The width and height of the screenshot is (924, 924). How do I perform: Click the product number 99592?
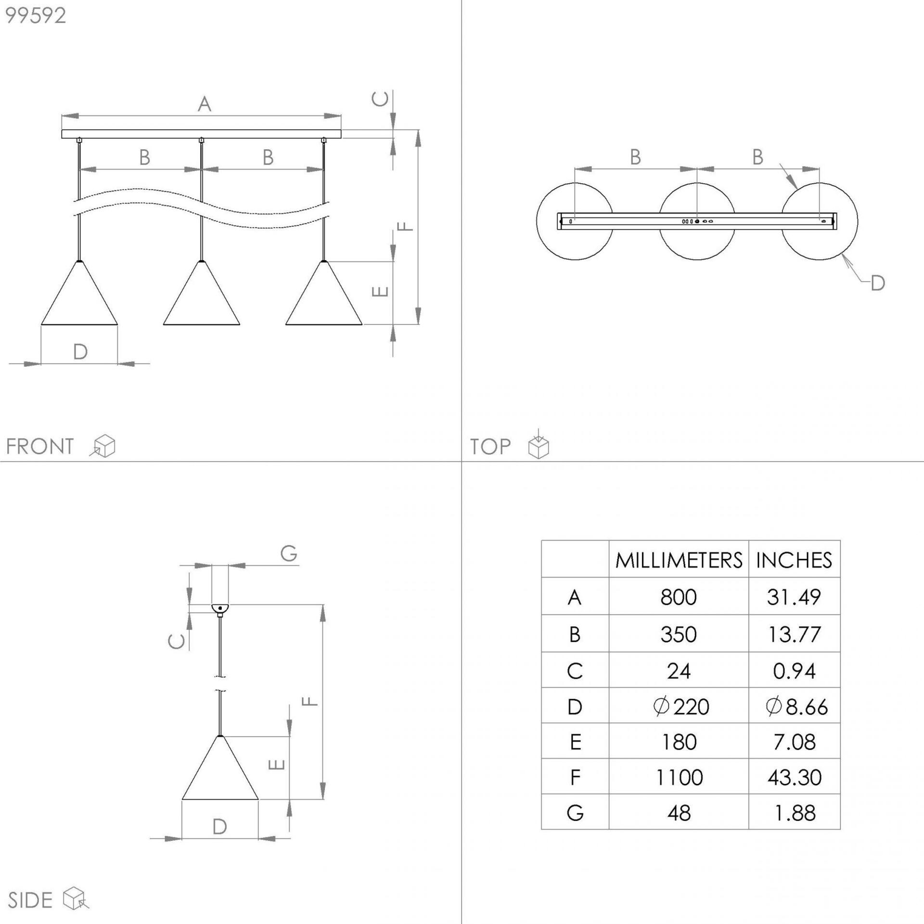point(36,16)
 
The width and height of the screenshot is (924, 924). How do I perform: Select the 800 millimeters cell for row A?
point(679,597)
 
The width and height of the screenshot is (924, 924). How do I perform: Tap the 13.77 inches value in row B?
point(794,634)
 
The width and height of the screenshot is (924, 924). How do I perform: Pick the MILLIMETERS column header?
point(679,560)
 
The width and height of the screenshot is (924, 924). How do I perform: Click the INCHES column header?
point(794,560)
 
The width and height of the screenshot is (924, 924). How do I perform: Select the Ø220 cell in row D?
point(681,706)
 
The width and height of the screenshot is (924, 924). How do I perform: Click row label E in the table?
point(576,742)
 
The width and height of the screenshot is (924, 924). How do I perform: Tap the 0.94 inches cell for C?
point(795,671)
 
